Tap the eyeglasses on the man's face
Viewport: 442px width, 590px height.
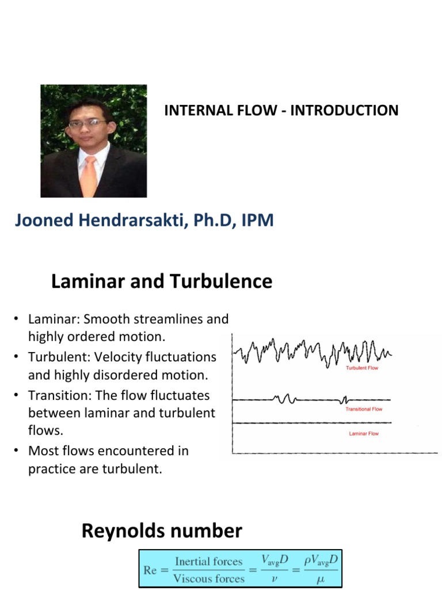click(x=87, y=123)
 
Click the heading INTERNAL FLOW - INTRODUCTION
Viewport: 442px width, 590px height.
click(x=281, y=111)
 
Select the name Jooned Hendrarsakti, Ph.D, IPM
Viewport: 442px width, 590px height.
click(x=144, y=220)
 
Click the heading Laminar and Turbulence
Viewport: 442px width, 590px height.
click(x=162, y=282)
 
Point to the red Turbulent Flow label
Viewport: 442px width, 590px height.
click(x=362, y=368)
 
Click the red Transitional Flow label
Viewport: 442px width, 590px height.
click(x=364, y=409)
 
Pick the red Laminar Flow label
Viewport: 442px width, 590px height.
click(x=364, y=433)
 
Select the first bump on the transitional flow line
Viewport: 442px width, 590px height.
click(x=283, y=399)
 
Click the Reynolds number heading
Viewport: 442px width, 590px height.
click(x=162, y=531)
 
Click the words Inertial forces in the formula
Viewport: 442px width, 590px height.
click(x=208, y=561)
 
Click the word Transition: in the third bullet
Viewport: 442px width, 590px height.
click(x=56, y=396)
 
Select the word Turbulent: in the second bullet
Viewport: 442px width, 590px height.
click(x=54, y=357)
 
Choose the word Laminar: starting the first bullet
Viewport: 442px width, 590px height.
click(x=51, y=319)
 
